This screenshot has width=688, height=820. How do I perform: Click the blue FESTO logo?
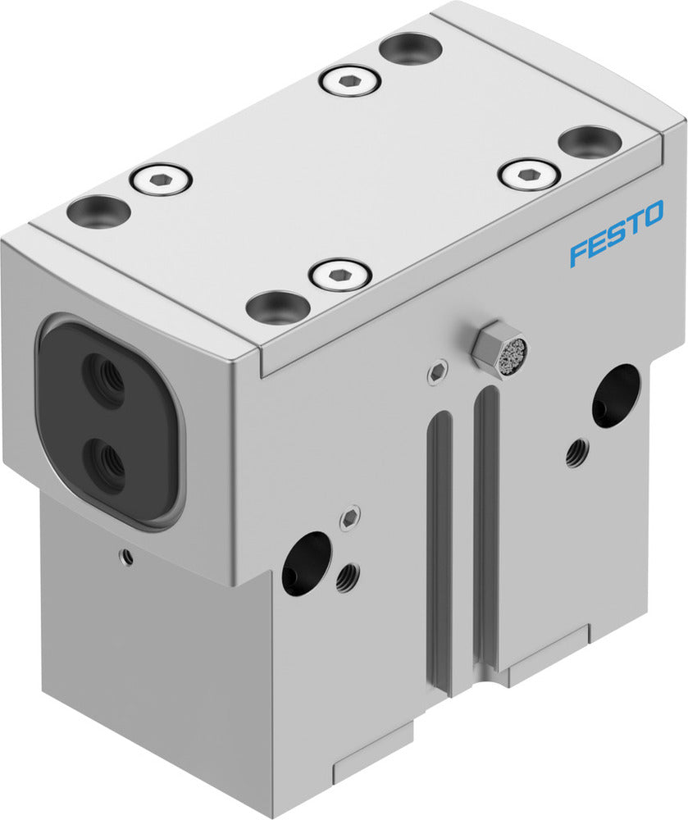tap(617, 238)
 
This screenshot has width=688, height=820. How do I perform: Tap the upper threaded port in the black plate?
tap(106, 379)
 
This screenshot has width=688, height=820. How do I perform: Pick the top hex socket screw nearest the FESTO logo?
tap(528, 174)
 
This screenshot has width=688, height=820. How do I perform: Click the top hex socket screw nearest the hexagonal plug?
tap(339, 274)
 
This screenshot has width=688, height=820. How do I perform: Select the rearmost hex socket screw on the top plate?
tap(349, 80)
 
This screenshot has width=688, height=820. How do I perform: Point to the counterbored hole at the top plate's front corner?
tap(278, 307)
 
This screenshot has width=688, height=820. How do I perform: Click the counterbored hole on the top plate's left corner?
tap(98, 212)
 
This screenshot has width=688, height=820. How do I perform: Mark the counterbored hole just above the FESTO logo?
tap(589, 141)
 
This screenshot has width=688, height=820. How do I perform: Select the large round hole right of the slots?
tap(616, 395)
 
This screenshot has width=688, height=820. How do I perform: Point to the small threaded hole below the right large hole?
tap(576, 452)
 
